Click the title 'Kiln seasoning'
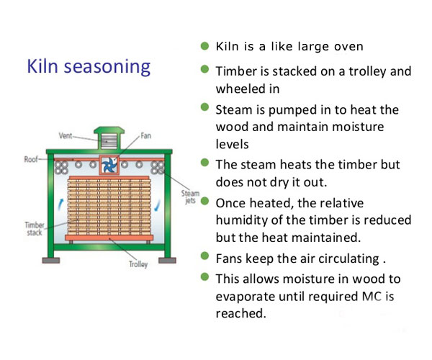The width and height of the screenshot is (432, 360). (89, 67)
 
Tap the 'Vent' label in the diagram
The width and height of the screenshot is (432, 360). (66, 135)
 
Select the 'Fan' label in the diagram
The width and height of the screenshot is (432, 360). (145, 135)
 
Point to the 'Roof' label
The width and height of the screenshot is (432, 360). (31, 159)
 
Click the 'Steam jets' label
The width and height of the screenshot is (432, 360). (190, 197)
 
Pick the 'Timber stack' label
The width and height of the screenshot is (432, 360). (35, 229)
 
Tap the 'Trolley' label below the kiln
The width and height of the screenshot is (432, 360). (138, 264)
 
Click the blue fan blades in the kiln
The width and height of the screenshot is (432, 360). (109, 165)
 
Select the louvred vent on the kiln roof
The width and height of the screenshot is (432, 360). (109, 141)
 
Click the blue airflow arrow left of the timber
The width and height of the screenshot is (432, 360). (60, 205)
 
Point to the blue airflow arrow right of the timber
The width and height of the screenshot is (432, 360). (157, 205)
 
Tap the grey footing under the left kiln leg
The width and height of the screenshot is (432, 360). (51, 261)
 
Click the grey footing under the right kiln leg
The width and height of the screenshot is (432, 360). (167, 261)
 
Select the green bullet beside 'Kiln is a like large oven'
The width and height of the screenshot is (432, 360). (204, 46)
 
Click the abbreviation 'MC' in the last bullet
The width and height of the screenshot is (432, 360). (372, 297)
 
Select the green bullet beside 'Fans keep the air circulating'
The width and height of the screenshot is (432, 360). (204, 256)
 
